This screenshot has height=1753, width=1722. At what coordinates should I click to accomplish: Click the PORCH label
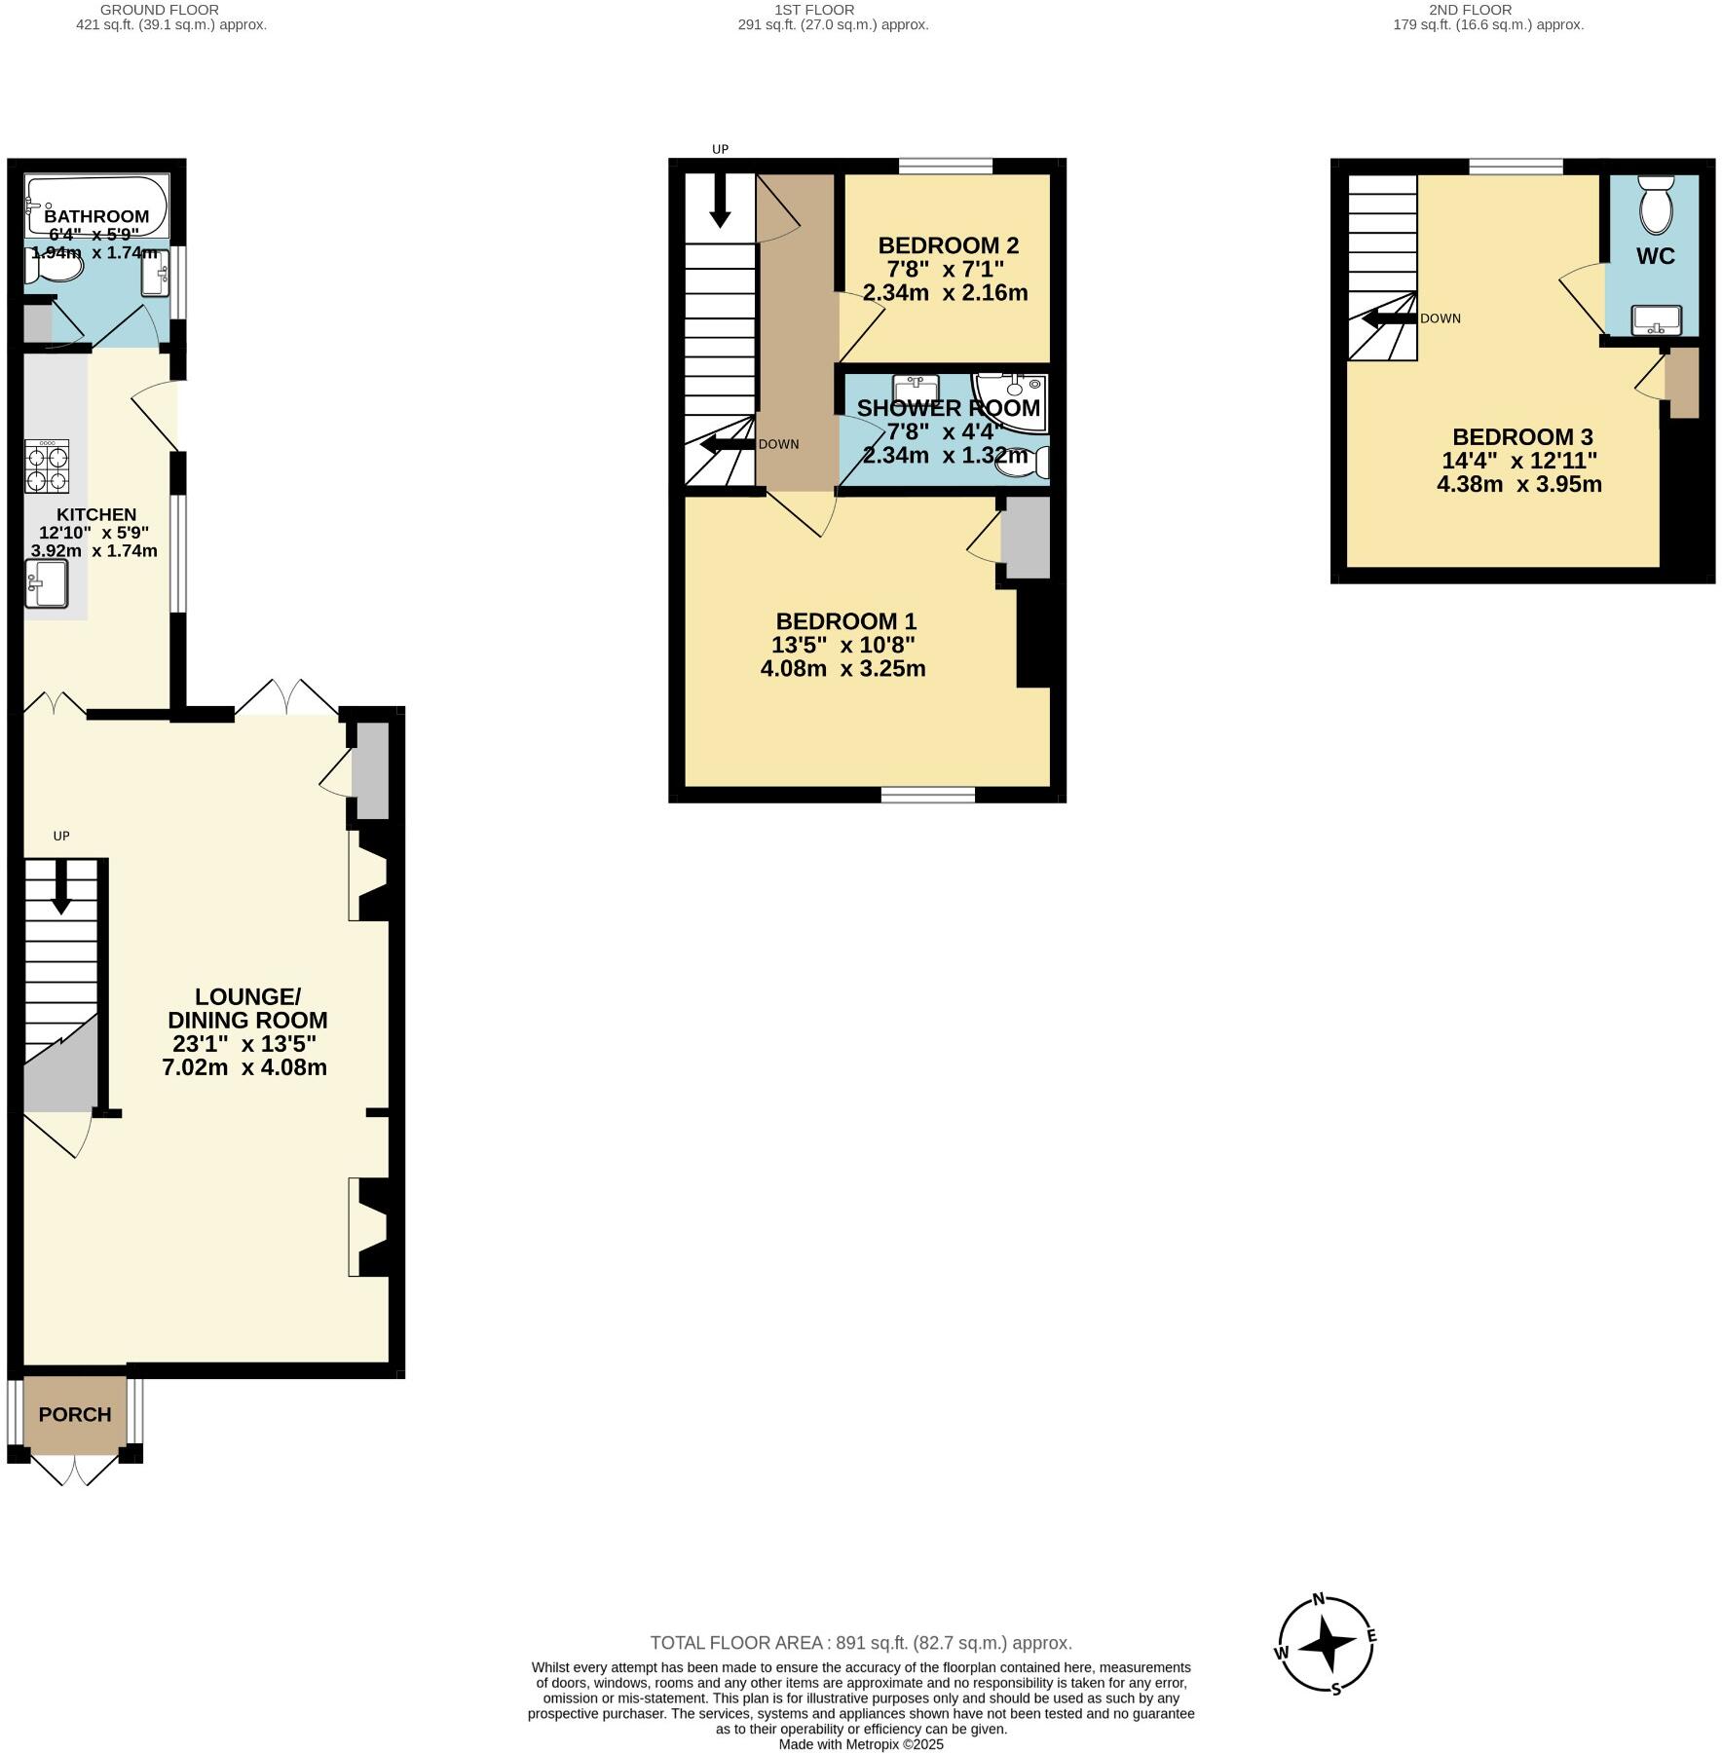click(75, 1415)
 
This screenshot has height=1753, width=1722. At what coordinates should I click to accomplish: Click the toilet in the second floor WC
click(1655, 205)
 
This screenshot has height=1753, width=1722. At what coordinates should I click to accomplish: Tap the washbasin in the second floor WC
click(1656, 319)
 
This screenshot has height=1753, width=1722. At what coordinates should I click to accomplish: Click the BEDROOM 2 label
click(948, 245)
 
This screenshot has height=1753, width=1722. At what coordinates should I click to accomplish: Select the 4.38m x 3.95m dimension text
click(1518, 484)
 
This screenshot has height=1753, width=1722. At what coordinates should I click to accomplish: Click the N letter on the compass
click(1319, 1598)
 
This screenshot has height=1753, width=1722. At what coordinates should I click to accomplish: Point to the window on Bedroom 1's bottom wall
click(927, 795)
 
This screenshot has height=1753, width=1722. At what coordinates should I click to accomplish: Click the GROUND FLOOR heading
click(159, 10)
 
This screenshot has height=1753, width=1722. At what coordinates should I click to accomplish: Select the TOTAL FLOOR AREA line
click(860, 1643)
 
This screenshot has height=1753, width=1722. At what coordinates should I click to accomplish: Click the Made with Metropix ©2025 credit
click(860, 1744)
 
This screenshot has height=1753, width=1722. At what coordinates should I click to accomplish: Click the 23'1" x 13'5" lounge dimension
click(244, 1044)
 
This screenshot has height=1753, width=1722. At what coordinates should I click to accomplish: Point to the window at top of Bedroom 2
click(945, 167)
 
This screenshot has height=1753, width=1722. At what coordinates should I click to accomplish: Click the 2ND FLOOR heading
click(1470, 10)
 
